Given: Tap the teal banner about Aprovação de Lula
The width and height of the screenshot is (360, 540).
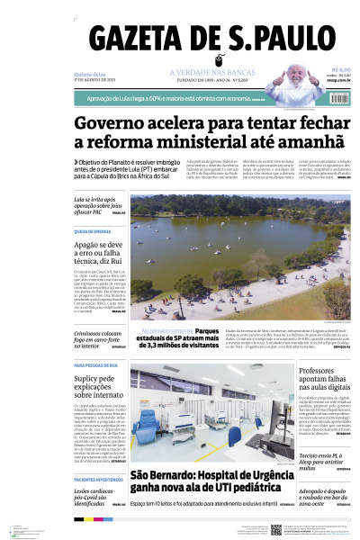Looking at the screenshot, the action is tap(180, 99).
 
